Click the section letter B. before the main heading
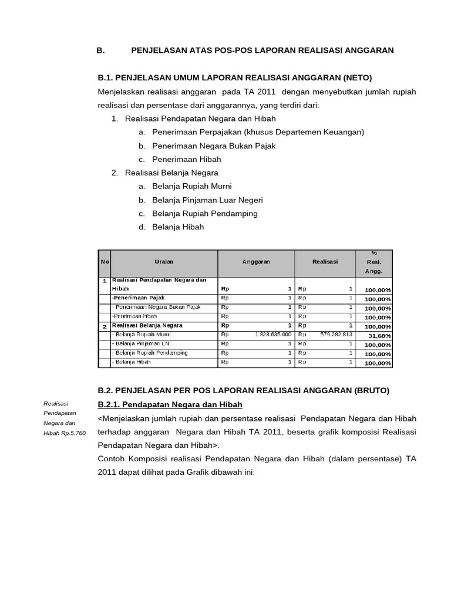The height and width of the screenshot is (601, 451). [x=100, y=50]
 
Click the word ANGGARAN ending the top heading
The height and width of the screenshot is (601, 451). [x=367, y=50]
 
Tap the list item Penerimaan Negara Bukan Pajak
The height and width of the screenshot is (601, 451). [x=214, y=146]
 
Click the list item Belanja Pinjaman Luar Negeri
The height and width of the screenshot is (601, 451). [x=207, y=200]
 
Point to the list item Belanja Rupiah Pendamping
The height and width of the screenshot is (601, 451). [x=205, y=214]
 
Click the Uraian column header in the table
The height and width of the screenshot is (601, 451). [x=164, y=262]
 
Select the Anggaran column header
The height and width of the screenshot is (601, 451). [x=256, y=262]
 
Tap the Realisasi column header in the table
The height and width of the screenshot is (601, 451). [x=325, y=262]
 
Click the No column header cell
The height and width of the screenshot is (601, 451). [x=104, y=262]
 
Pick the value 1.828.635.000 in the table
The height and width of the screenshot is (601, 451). [x=273, y=335]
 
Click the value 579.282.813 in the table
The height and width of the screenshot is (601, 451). [x=336, y=335]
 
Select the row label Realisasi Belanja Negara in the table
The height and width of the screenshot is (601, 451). [x=147, y=325]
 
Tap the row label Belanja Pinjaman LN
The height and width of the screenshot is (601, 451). [x=140, y=343]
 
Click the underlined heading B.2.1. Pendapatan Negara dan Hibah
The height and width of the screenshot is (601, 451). [x=170, y=405]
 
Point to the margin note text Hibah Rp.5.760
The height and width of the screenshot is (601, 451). [x=65, y=433]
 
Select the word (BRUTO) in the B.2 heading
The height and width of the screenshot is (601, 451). [x=368, y=390]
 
